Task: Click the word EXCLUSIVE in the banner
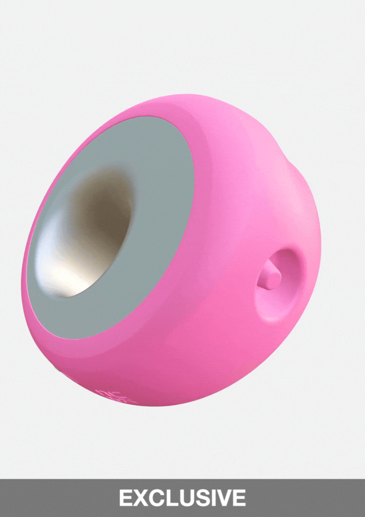[182, 498]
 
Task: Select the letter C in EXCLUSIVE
[156, 498]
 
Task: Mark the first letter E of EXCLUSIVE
[125, 498]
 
